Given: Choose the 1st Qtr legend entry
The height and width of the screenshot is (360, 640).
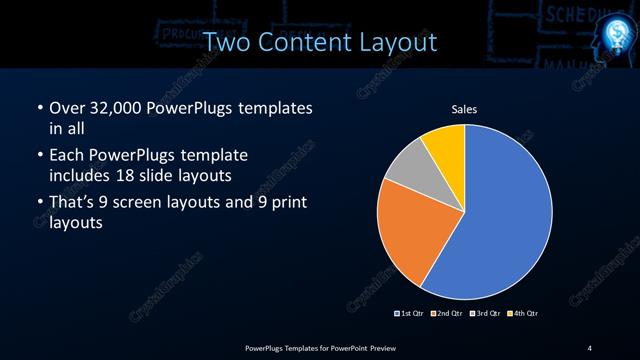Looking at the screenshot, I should (410, 314).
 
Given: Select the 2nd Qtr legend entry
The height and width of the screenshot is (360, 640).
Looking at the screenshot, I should (446, 314).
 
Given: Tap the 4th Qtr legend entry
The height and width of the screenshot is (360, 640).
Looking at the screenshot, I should (521, 314).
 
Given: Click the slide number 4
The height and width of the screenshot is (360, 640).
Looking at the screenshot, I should (590, 347).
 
